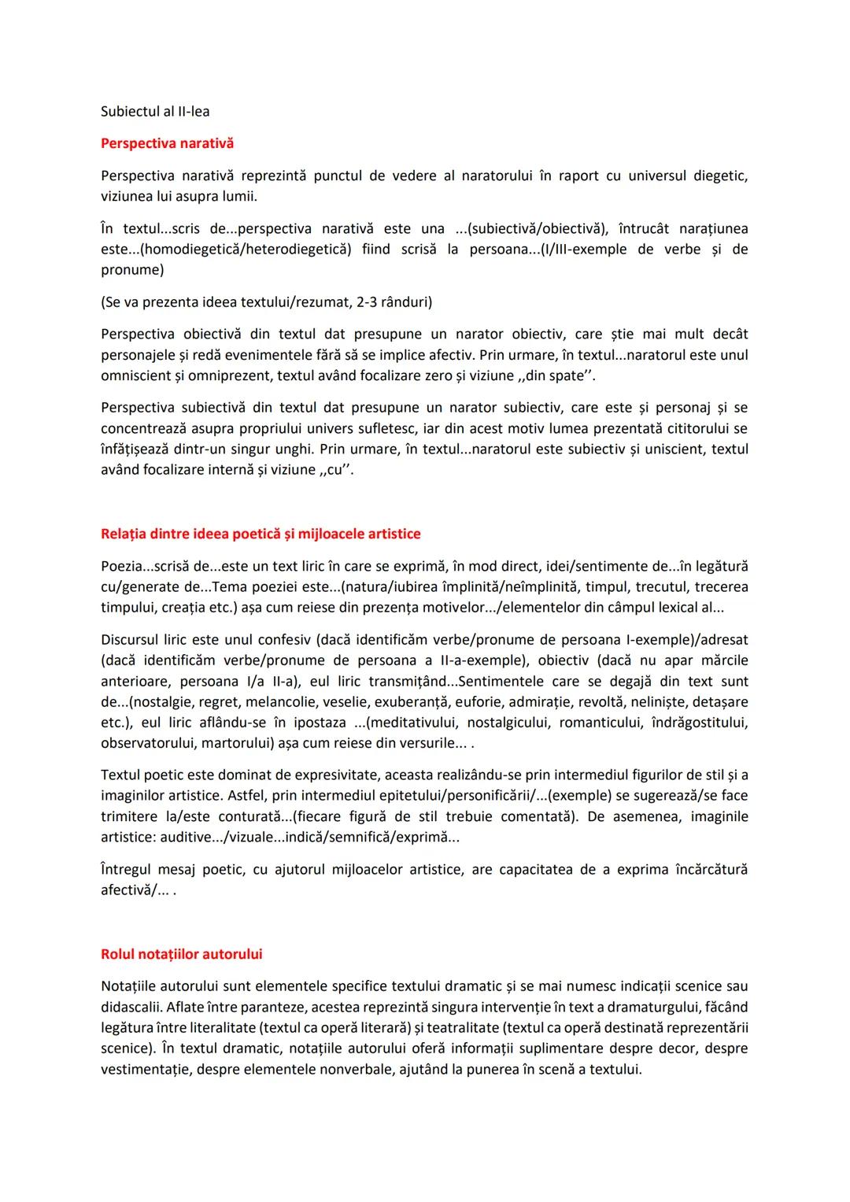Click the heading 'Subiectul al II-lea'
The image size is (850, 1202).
point(155,112)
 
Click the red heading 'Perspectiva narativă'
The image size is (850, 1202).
point(167,144)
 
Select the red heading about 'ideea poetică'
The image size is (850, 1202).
point(261,534)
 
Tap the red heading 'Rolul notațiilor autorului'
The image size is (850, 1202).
point(181,955)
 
